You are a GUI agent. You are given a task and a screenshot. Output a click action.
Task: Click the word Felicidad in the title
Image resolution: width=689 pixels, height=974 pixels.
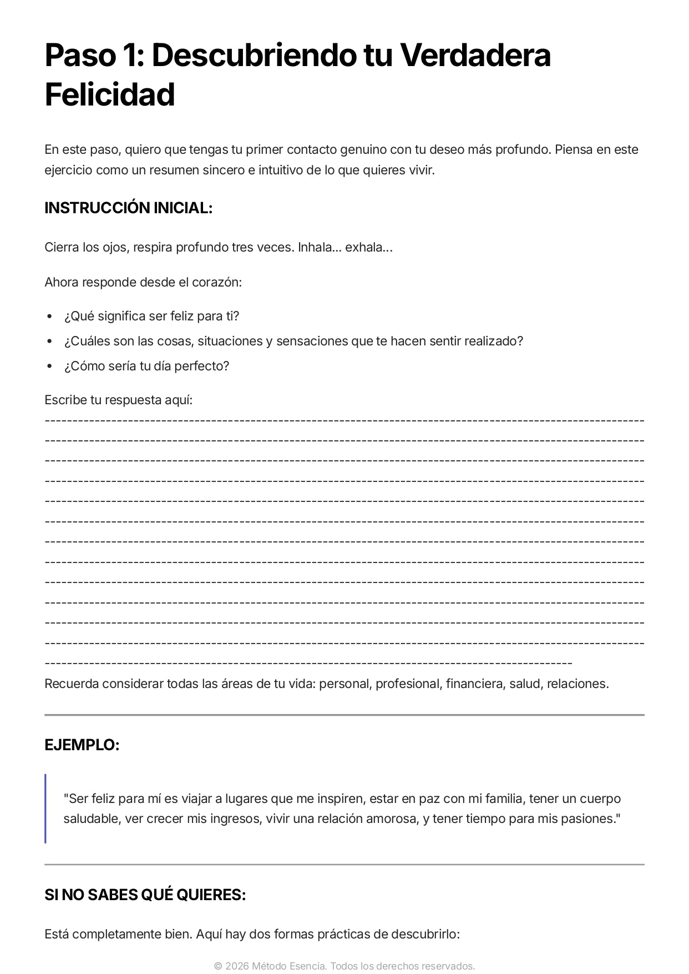pos(110,94)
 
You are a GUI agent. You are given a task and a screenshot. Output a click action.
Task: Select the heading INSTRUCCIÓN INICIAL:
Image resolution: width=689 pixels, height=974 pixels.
pos(129,208)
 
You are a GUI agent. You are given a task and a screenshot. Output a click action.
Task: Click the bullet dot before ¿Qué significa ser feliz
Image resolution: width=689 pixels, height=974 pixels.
pos(49,317)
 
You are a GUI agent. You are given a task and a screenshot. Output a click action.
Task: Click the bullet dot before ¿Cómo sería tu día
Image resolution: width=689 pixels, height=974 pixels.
pos(49,366)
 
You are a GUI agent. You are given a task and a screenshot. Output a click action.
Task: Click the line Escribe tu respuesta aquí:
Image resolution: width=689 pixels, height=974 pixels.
pos(119,400)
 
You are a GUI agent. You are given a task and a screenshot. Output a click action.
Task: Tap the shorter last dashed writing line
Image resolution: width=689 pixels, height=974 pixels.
pos(308,663)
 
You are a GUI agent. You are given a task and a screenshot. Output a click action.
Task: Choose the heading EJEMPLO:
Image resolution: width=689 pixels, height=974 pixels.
pos(82,745)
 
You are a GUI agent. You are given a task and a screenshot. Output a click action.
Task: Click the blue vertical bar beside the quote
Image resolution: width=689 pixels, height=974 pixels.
pos(45,809)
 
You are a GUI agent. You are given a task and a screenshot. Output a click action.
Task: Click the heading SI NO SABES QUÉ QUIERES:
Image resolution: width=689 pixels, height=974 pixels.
pos(145,895)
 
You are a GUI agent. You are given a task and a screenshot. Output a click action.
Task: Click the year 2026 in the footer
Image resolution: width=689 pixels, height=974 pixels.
pos(237,966)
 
